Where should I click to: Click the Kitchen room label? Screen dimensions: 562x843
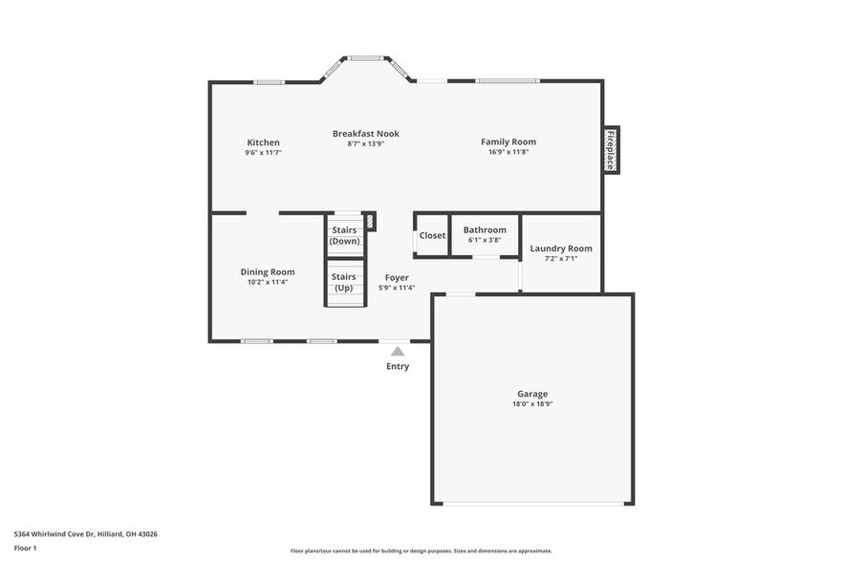pyautogui.click(x=263, y=142)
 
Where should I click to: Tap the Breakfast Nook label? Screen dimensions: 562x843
pyautogui.click(x=365, y=134)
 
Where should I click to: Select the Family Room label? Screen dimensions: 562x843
pyautogui.click(x=508, y=141)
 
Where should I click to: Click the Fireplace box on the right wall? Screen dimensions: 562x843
pyautogui.click(x=610, y=150)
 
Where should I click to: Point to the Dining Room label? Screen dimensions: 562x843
pyautogui.click(x=267, y=271)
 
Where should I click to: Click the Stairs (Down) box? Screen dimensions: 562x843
pyautogui.click(x=344, y=235)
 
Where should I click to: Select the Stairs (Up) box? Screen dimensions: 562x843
pyautogui.click(x=344, y=281)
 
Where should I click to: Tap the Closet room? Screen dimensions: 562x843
pyautogui.click(x=432, y=235)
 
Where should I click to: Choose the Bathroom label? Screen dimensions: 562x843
pyautogui.click(x=485, y=229)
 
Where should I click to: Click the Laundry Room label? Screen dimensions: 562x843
pyautogui.click(x=561, y=249)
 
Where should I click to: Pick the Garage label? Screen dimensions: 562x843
pyautogui.click(x=532, y=394)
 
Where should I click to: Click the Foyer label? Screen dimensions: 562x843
pyautogui.click(x=396, y=278)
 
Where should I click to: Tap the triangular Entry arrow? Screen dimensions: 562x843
pyautogui.click(x=398, y=351)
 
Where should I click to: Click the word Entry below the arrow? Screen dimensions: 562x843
pyautogui.click(x=398, y=366)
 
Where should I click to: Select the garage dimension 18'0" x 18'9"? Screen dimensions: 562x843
pyautogui.click(x=532, y=404)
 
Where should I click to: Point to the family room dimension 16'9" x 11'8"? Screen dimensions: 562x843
pyautogui.click(x=508, y=152)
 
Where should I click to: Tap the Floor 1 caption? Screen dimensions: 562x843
pyautogui.click(x=25, y=548)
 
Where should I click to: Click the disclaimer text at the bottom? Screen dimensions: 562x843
pyautogui.click(x=421, y=551)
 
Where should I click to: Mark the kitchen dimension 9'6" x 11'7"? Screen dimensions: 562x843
pyautogui.click(x=263, y=153)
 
